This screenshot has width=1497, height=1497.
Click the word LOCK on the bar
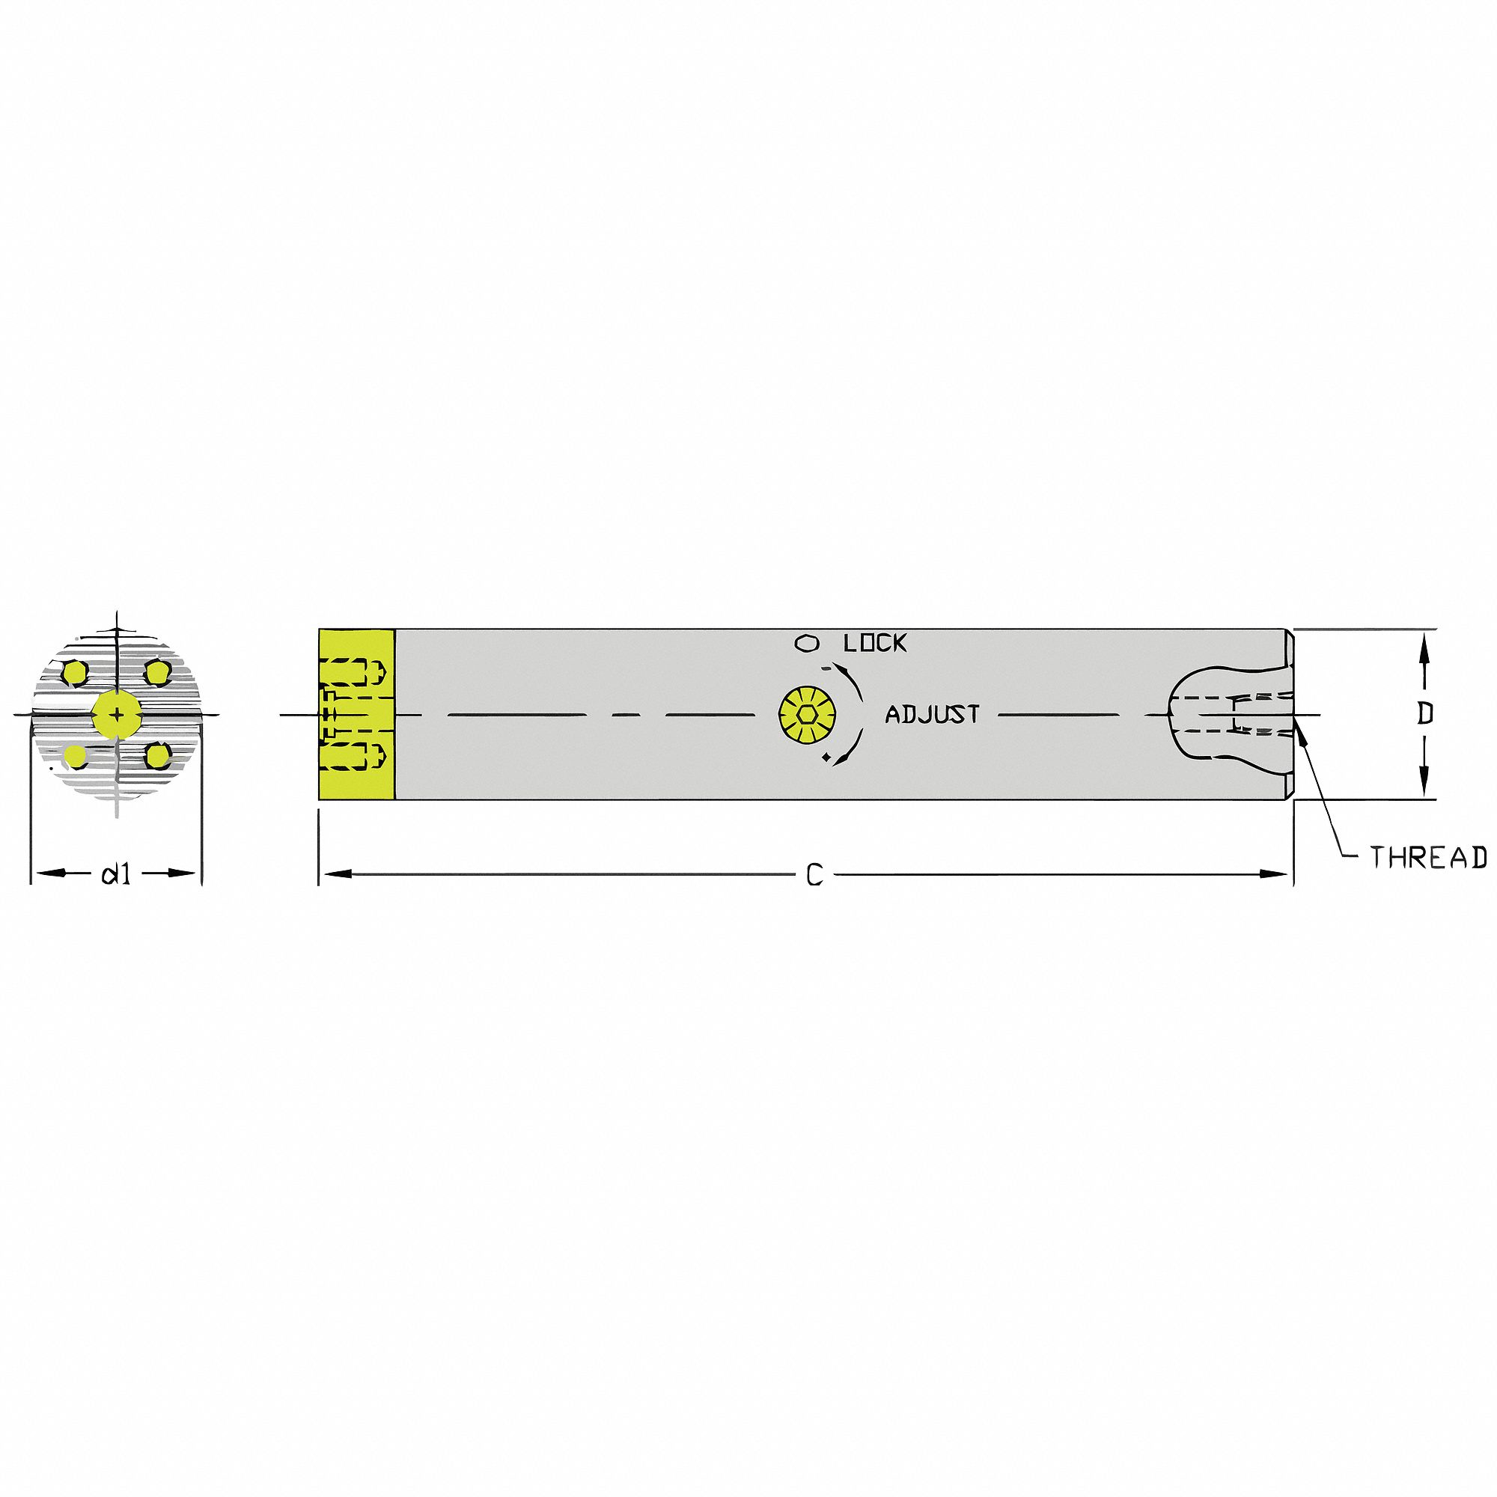875,665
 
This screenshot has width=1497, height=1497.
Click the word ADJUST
932,714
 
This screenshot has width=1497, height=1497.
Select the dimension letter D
1425,713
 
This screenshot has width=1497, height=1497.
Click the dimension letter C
814,876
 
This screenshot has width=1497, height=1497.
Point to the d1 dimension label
115,875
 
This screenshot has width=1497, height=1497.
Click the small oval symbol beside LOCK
807,664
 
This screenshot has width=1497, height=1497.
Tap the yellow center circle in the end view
116,713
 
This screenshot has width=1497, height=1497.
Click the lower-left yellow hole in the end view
75,755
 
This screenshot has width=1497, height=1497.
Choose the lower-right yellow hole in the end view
159,755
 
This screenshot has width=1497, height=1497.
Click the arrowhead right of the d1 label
183,874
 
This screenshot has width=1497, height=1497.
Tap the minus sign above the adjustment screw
826,668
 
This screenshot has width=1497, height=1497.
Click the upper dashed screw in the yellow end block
354,672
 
